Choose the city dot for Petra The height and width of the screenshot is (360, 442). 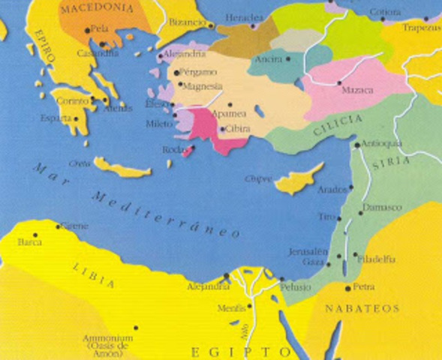(347, 287)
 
